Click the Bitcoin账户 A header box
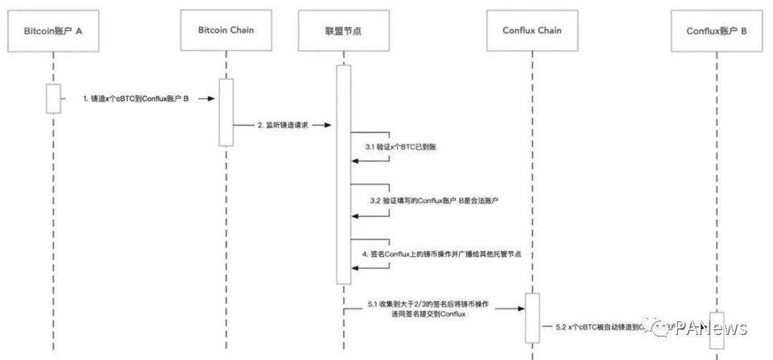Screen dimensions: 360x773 (53, 31)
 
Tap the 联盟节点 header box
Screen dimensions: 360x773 (343, 31)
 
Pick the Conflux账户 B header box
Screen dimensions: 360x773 (717, 31)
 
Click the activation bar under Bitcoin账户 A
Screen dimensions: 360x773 (53, 98)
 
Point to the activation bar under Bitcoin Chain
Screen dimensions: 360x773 (226, 112)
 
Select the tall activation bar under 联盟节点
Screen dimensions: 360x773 (343, 173)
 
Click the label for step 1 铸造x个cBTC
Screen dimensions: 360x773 (135, 98)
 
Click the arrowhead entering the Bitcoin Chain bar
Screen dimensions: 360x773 (213, 98)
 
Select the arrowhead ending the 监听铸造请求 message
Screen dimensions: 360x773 (331, 126)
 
